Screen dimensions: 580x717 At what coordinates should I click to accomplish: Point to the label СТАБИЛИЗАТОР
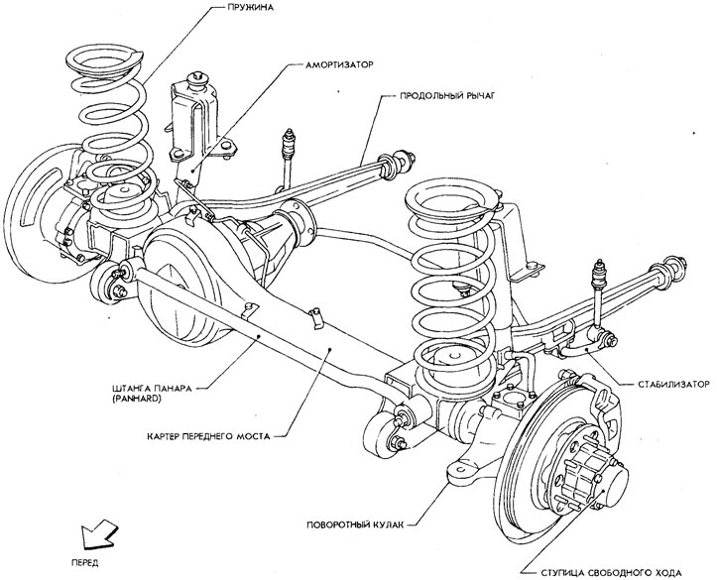[669, 380]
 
